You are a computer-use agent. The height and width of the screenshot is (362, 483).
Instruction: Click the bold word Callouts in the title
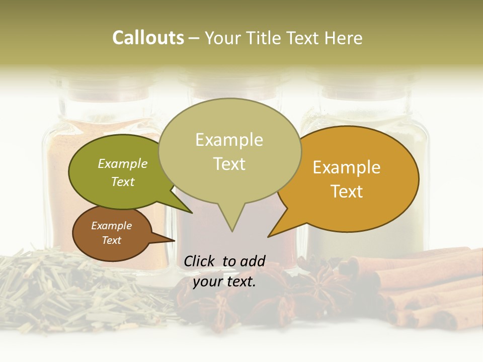pos(148,38)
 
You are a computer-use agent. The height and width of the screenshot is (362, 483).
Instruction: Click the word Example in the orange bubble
pos(347,167)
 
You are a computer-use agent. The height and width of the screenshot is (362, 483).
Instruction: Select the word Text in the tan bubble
pos(229,164)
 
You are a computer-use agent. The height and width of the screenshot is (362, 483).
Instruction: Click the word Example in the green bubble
pos(123,163)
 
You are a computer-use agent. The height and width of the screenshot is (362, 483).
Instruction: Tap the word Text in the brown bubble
pos(112,240)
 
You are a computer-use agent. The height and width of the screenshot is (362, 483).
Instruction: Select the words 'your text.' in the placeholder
pos(224,282)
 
